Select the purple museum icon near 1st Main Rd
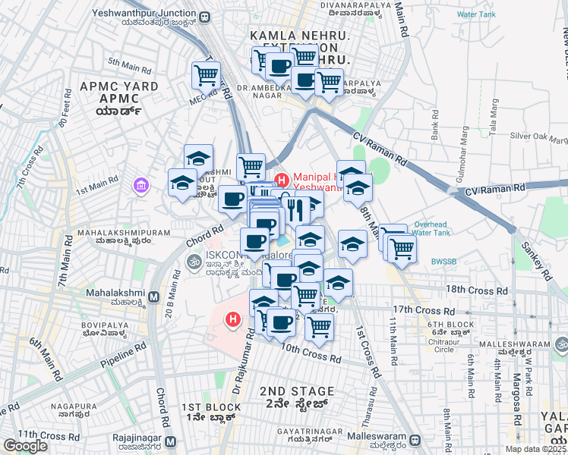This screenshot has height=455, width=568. click(140, 184)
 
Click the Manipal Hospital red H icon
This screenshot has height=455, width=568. click(282, 180)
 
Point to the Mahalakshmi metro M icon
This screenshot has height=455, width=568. click(153, 297)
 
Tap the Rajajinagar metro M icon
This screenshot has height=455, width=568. click(170, 441)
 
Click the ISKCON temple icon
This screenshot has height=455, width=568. click(194, 262)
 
